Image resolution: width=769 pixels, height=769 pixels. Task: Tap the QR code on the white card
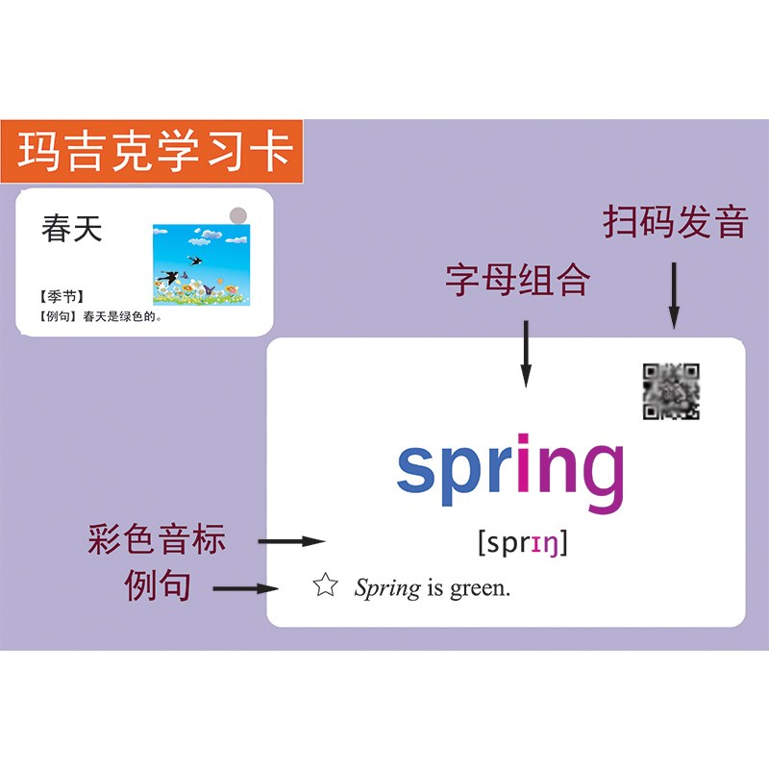point(671,391)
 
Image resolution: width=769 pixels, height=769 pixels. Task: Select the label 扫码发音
point(675,222)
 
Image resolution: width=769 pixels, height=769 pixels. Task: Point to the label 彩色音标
point(157,539)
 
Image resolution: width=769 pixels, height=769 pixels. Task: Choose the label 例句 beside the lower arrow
point(157,585)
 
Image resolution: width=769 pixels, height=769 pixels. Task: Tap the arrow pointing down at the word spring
point(525,353)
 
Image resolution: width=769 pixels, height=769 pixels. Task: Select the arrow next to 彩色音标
point(292,541)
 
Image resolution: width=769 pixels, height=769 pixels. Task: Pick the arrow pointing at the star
point(245,587)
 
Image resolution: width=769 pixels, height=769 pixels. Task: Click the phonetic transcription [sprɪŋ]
point(523,544)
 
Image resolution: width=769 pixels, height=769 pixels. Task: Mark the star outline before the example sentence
point(326,585)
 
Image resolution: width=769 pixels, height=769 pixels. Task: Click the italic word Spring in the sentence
point(386,588)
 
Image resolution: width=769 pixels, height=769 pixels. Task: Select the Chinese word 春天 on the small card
point(71,229)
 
